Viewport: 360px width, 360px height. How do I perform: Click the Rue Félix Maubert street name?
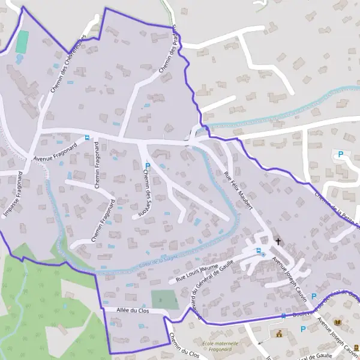coord(237,191)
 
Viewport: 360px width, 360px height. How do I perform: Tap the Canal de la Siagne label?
coord(158,260)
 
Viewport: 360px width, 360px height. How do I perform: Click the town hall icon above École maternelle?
coord(278,333)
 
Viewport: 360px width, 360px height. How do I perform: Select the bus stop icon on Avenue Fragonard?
coord(88,137)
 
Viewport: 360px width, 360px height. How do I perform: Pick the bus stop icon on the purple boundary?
coord(283,316)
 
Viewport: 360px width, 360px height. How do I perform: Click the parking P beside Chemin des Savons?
coord(147,166)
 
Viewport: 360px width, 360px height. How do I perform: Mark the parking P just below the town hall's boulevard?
coord(303,329)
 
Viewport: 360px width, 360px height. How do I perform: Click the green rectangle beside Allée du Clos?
coord(164,299)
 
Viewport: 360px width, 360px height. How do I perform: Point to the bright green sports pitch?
coord(22,42)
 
